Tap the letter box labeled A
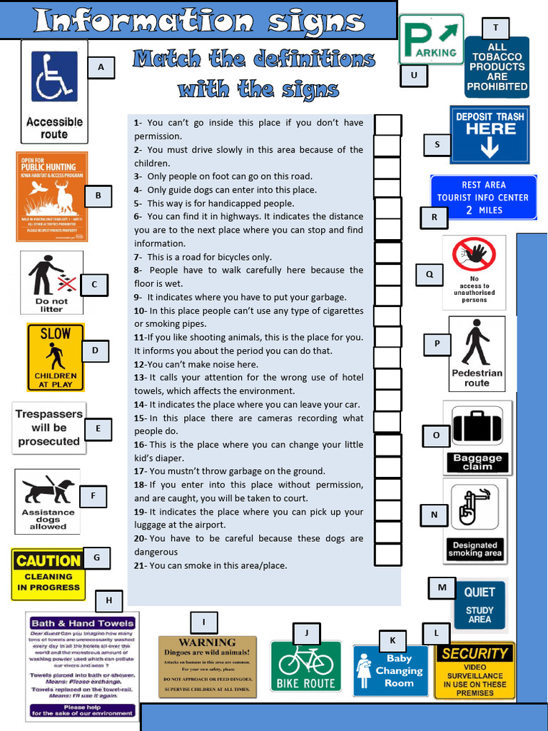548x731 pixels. point(101,68)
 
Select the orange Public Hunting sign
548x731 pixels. point(52,196)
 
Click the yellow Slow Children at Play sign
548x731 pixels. point(56,356)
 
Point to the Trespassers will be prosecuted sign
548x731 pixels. point(49,428)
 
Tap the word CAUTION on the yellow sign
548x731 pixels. point(48,561)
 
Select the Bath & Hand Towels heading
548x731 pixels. point(82,623)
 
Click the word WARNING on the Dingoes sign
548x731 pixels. point(207,642)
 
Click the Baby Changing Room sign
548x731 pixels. point(390,670)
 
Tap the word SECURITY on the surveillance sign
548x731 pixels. point(475,653)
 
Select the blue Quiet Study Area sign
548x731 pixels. point(479,604)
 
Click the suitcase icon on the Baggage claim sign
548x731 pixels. point(477,426)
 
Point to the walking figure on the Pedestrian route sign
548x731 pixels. point(475,342)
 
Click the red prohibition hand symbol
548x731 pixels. point(474,255)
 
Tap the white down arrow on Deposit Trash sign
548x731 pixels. point(489,148)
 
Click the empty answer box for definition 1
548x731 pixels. point(387,125)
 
